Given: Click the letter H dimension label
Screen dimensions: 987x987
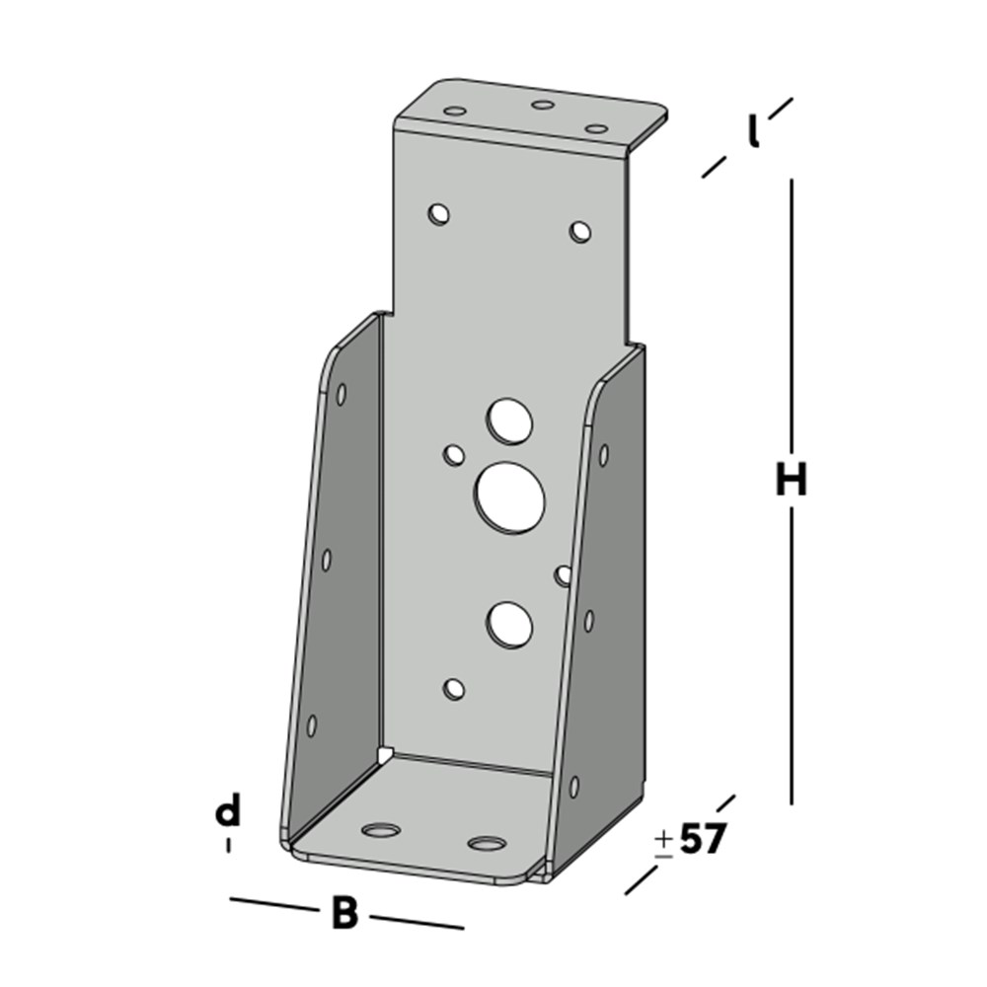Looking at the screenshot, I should tap(791, 481).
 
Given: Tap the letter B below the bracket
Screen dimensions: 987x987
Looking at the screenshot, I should tap(343, 914).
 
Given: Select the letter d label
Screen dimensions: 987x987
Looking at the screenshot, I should tap(228, 812).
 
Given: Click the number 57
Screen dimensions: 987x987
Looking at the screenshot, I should tap(703, 839).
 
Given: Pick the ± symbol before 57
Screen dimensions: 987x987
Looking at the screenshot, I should tap(664, 841).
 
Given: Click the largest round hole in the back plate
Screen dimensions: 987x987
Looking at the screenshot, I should tap(511, 494).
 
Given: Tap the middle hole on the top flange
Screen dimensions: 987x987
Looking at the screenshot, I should tap(542, 105).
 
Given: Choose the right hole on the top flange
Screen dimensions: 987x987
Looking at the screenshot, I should tap(594, 127).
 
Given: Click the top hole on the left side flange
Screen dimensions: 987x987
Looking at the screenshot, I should tap(341, 394).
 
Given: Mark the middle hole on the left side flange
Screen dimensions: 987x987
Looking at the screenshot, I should tap(327, 560).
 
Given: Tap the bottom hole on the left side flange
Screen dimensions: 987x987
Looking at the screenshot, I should tap(312, 725).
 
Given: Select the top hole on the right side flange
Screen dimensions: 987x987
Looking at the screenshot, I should tap(603, 454).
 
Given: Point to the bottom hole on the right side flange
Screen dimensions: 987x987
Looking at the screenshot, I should tap(573, 786).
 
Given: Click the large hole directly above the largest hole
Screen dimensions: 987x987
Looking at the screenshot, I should tap(509, 421).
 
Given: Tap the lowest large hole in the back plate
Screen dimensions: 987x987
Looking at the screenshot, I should tap(509, 625).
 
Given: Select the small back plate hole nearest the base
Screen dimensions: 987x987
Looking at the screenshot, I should tap(454, 689).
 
